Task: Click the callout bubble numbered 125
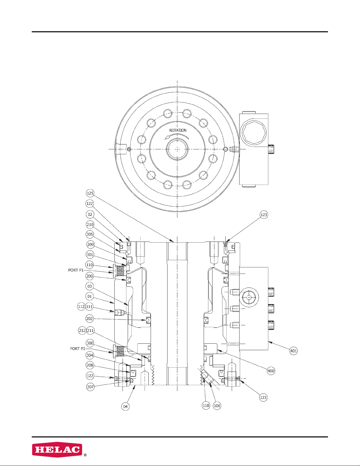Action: pyautogui.click(x=90, y=193)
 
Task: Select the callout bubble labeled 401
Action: pyautogui.click(x=293, y=351)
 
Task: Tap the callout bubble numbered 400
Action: pyautogui.click(x=271, y=371)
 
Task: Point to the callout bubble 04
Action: pyautogui.click(x=125, y=406)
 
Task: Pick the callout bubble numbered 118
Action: pyautogui.click(x=206, y=405)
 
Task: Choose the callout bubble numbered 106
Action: pyautogui.click(x=217, y=405)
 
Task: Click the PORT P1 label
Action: pyautogui.click(x=76, y=270)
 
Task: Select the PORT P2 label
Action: pyautogui.click(x=78, y=349)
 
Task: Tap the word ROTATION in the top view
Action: pyautogui.click(x=178, y=130)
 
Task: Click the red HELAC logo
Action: pyautogui.click(x=57, y=450)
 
